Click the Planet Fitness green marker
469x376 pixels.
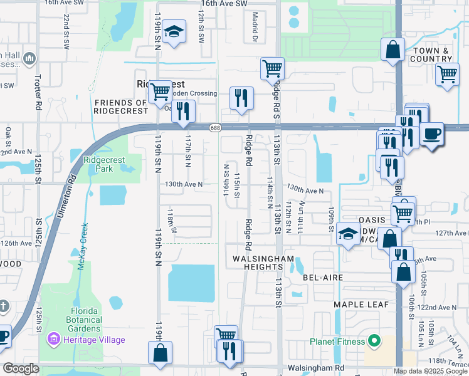[x=374, y=342]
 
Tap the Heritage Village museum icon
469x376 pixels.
[x=54, y=340]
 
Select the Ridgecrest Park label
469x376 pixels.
[x=105, y=165]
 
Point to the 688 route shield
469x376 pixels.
[x=214, y=127]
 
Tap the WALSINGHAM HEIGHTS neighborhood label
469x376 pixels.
[x=263, y=263]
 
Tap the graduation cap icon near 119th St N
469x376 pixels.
[x=173, y=33]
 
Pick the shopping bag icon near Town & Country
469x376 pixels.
[x=393, y=51]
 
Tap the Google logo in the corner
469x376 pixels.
[x=21, y=368]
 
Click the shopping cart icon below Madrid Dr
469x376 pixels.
[x=272, y=68]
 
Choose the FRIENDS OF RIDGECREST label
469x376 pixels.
[x=121, y=107]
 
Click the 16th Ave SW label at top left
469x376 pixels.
[x=64, y=3]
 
